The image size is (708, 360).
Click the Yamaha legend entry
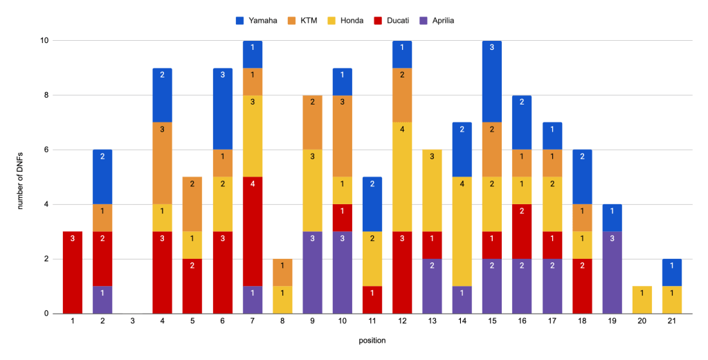(x=256, y=21)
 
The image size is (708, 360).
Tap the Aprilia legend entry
(x=437, y=21)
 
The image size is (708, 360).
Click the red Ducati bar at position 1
(x=73, y=272)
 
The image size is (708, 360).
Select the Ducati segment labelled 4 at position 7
(x=252, y=231)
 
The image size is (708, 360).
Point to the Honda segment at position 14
(x=461, y=231)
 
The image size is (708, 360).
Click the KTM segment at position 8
(x=282, y=272)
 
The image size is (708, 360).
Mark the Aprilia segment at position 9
(x=311, y=272)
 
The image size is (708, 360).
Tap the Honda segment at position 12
(x=401, y=177)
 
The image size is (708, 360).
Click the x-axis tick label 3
(x=133, y=321)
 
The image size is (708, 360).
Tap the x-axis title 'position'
(x=371, y=340)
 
